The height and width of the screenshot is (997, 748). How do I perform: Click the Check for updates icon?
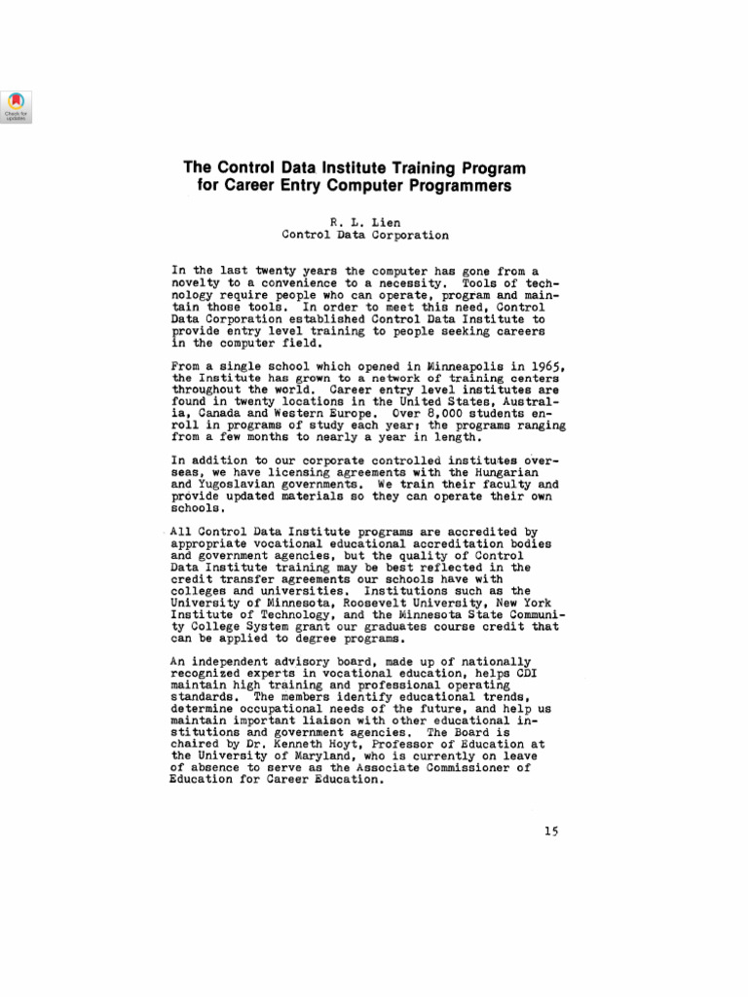(x=17, y=106)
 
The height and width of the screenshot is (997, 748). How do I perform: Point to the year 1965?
(x=544, y=364)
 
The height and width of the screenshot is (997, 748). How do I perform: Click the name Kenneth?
(x=291, y=744)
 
